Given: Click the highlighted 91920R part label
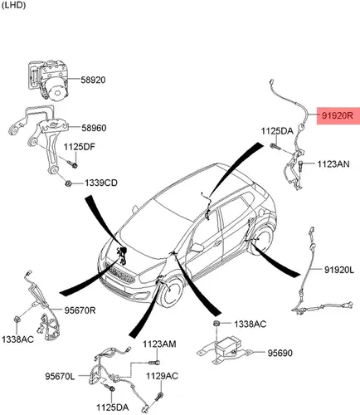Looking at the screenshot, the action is pyautogui.click(x=338, y=115).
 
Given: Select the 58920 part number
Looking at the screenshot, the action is pyautogui.click(x=93, y=80).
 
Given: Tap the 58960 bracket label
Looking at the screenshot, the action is pyautogui.click(x=94, y=128).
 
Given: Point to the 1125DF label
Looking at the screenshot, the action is pyautogui.click(x=80, y=147).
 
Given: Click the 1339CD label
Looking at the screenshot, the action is pyautogui.click(x=101, y=183).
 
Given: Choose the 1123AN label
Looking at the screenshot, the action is pyautogui.click(x=333, y=164).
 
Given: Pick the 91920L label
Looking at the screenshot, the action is pyautogui.click(x=339, y=270).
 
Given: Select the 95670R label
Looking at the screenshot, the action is pyautogui.click(x=80, y=310).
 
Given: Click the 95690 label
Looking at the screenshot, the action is pyautogui.click(x=280, y=353).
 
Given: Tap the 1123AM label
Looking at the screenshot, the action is pyautogui.click(x=159, y=344).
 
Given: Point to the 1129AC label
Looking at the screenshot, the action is pyautogui.click(x=162, y=376).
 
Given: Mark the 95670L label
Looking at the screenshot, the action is pyautogui.click(x=60, y=376).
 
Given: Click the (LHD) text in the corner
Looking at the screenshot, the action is pyautogui.click(x=13, y=6).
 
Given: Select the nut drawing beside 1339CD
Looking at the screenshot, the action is pyautogui.click(x=68, y=183).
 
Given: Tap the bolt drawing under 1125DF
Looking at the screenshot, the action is pyautogui.click(x=73, y=164).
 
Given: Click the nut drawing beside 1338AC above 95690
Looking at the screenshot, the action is pyautogui.click(x=216, y=324).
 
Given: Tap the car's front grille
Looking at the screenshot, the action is pyautogui.click(x=119, y=273).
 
